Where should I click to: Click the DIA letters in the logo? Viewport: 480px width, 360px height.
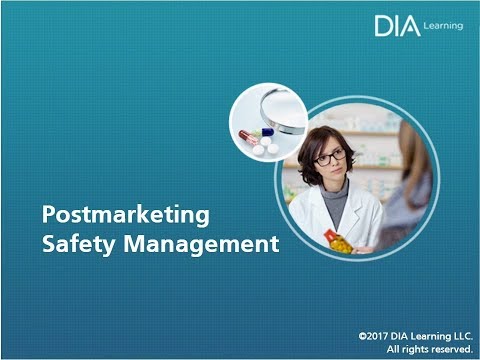pyautogui.click(x=396, y=26)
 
